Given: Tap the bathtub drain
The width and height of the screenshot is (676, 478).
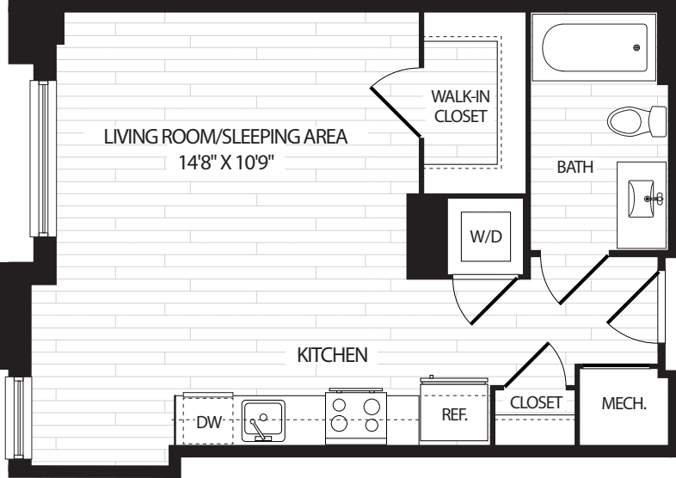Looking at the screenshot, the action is tap(636, 47).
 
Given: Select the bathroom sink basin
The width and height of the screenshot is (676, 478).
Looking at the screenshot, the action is tap(641, 199).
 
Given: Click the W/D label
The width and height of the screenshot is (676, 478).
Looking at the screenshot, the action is tap(486, 236).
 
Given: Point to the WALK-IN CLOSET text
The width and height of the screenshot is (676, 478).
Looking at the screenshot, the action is tap(460, 106).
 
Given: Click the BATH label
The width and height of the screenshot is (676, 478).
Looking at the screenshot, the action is tap(575, 167).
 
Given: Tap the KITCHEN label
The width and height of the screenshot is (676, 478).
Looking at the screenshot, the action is tap(332, 355).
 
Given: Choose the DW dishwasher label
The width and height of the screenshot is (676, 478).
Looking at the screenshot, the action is tap(209, 422).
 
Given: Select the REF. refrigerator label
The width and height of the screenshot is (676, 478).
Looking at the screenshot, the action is tap(455, 414).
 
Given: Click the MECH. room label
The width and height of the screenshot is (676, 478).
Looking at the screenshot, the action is tap(624, 403).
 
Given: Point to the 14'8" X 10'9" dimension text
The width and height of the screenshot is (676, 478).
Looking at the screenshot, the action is tap(227, 163).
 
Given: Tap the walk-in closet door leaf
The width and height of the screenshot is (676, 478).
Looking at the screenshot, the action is tap(396, 112).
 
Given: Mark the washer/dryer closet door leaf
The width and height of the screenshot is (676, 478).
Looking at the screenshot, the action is tap(494, 301).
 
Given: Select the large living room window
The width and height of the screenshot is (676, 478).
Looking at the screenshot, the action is tap(43, 158).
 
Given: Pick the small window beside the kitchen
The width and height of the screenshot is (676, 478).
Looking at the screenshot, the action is tap(18, 418).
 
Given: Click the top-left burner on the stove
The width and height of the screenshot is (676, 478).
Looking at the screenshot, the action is tap(340, 405).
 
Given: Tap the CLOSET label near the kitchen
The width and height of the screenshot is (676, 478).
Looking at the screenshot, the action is tap(536, 402).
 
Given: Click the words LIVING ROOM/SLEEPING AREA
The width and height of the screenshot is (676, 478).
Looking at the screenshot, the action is tap(225, 137).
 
